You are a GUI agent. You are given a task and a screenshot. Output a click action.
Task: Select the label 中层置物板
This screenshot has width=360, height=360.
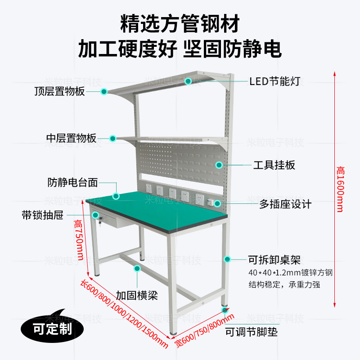pos(72,138)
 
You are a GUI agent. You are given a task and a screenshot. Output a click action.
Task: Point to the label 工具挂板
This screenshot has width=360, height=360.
pos(274,165)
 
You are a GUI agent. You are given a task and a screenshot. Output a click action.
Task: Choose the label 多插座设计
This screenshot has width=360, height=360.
pos(285,204)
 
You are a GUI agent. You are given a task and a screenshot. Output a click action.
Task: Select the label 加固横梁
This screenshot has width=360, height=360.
pos(136,296)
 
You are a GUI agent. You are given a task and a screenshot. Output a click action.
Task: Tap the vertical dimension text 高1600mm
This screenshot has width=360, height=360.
pos(341,189)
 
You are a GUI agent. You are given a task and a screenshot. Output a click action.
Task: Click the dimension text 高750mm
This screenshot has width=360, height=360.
pos(80,240)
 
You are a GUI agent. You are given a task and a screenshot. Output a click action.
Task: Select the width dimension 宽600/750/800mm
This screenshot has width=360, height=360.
pos(205,331)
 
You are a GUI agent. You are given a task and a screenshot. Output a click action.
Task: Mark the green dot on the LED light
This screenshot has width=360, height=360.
pos(188,81)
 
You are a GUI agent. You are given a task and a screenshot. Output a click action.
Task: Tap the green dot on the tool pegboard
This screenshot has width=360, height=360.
pos(219,165)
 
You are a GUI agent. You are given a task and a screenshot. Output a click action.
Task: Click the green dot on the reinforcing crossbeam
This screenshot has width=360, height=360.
pos(137,269)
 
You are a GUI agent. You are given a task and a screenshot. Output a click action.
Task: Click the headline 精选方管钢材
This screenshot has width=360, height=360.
pos(180,23)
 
